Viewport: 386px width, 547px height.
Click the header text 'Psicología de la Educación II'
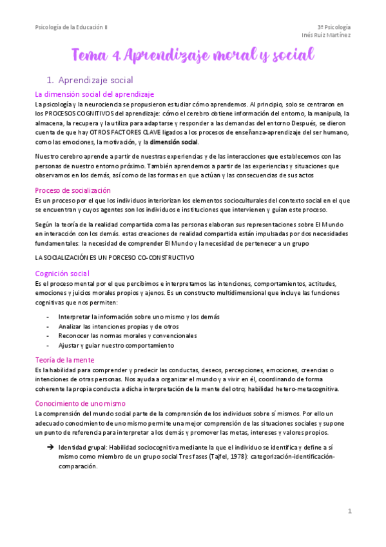click(x=72, y=27)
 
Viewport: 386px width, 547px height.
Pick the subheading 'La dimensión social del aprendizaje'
click(x=95, y=94)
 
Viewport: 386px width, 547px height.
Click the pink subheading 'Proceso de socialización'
click(x=73, y=190)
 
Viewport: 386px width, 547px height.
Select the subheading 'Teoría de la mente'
click(x=64, y=360)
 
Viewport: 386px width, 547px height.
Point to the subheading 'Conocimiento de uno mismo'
click(x=80, y=403)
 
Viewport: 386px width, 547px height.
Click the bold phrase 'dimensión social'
click(x=175, y=142)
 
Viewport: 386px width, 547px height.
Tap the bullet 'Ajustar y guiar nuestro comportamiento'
click(x=116, y=346)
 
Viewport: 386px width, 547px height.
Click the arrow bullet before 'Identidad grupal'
click(x=49, y=447)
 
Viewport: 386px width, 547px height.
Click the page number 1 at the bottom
click(x=350, y=512)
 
